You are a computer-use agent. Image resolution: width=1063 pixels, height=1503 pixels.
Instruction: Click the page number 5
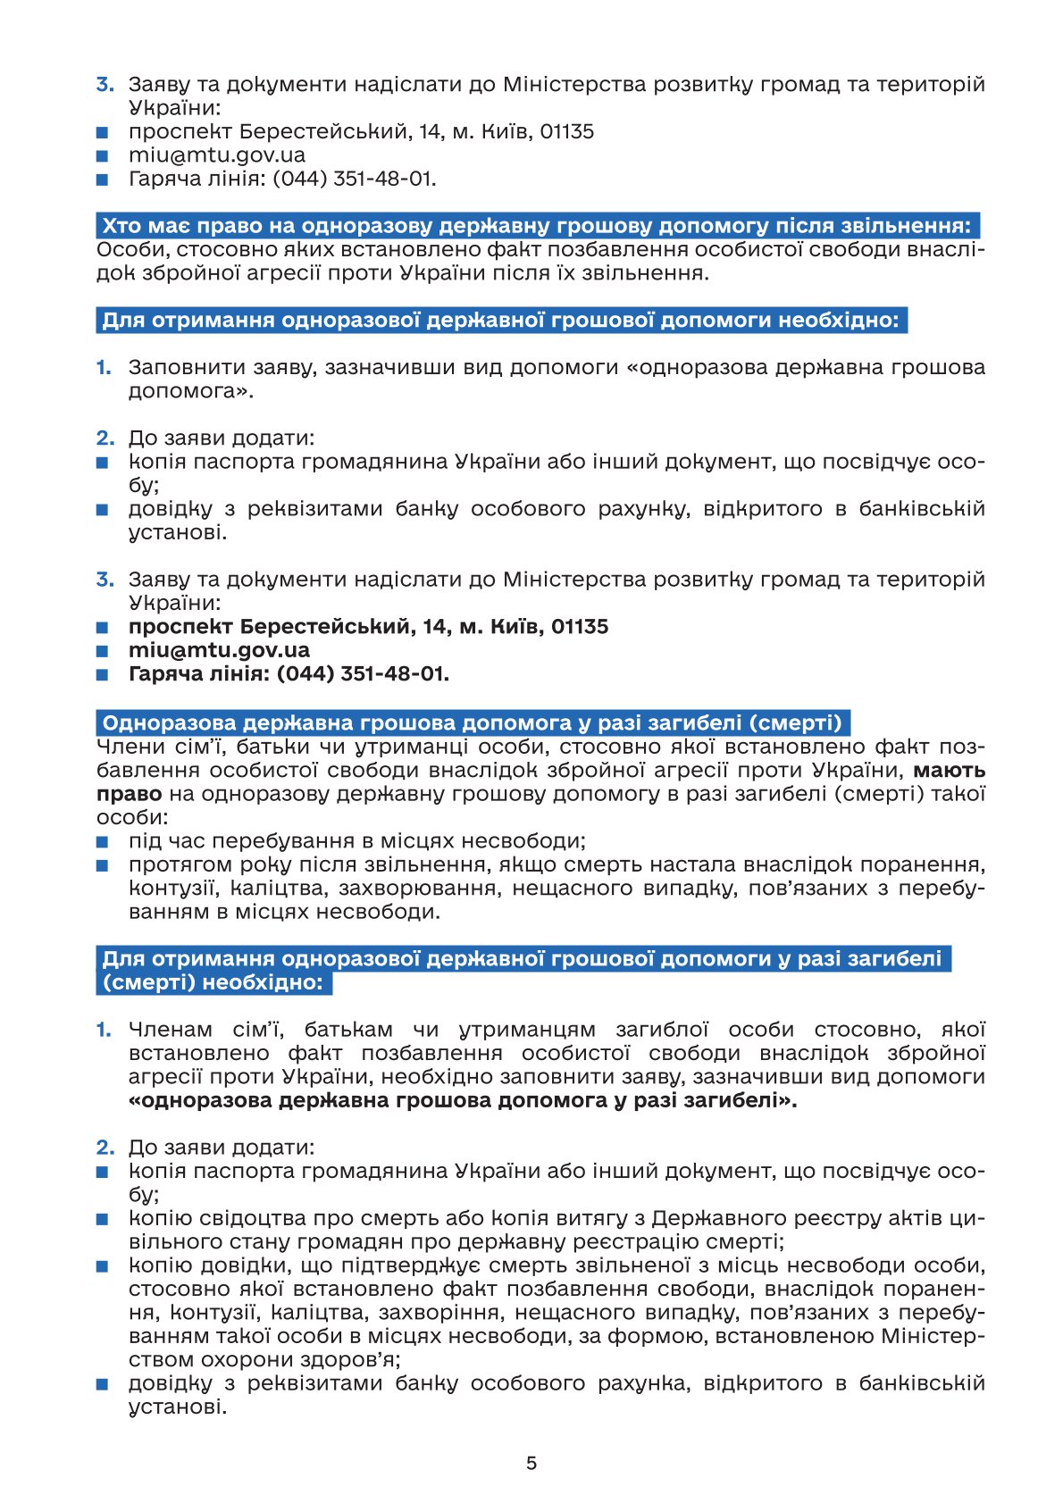531,1463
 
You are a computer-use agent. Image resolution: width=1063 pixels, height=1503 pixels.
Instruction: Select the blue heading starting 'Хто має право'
536,225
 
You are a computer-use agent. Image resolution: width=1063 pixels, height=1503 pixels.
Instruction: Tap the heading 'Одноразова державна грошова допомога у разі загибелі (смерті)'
473,722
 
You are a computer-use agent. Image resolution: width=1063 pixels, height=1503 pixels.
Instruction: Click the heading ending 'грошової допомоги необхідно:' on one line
500,320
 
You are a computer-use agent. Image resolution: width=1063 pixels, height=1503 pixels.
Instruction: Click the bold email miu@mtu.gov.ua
219,650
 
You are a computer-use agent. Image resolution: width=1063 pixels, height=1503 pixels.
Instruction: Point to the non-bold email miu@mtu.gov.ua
216,154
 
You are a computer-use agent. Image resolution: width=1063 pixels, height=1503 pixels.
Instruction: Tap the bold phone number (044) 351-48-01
363,673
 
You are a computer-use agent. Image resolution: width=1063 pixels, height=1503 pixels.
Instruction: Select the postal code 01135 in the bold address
579,626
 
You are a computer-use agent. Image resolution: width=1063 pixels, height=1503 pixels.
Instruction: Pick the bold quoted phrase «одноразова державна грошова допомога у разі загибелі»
463,1100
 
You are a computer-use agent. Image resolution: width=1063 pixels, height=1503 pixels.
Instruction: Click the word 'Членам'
171,1030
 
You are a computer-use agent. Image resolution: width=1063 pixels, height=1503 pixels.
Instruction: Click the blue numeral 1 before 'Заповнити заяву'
104,367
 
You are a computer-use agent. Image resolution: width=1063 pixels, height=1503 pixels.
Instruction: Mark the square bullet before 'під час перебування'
103,841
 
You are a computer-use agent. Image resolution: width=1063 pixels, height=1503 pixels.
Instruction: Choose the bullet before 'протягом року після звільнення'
103,864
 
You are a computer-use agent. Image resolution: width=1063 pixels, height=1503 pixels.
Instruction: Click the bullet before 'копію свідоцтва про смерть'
103,1218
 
